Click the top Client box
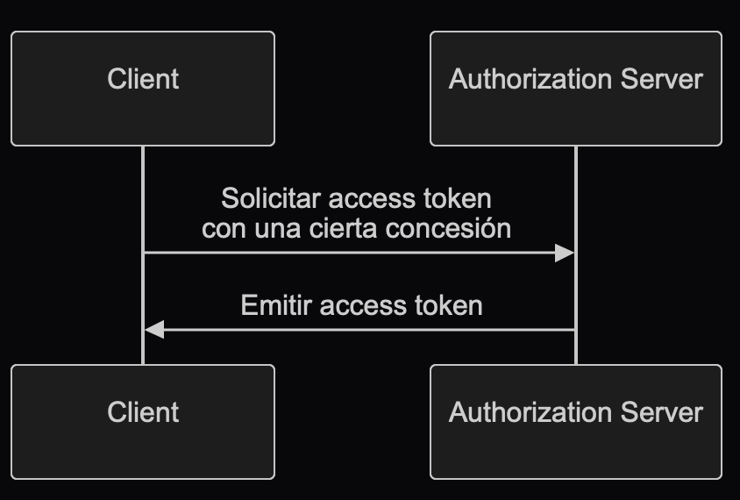coord(143,88)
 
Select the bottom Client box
coord(143,422)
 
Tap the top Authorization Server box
coord(575,88)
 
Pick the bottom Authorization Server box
coord(575,422)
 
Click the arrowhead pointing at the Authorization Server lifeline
coord(565,254)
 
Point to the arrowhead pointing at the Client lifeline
coord(154,330)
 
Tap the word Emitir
coord(276,305)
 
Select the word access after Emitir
coord(360,305)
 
